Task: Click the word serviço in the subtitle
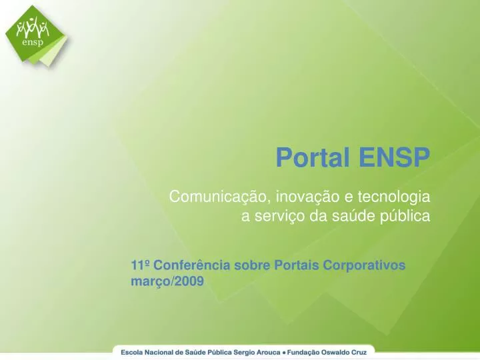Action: click(273, 216)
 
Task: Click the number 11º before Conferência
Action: click(141, 265)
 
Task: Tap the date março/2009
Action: click(167, 281)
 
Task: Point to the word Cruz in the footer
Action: click(363, 351)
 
